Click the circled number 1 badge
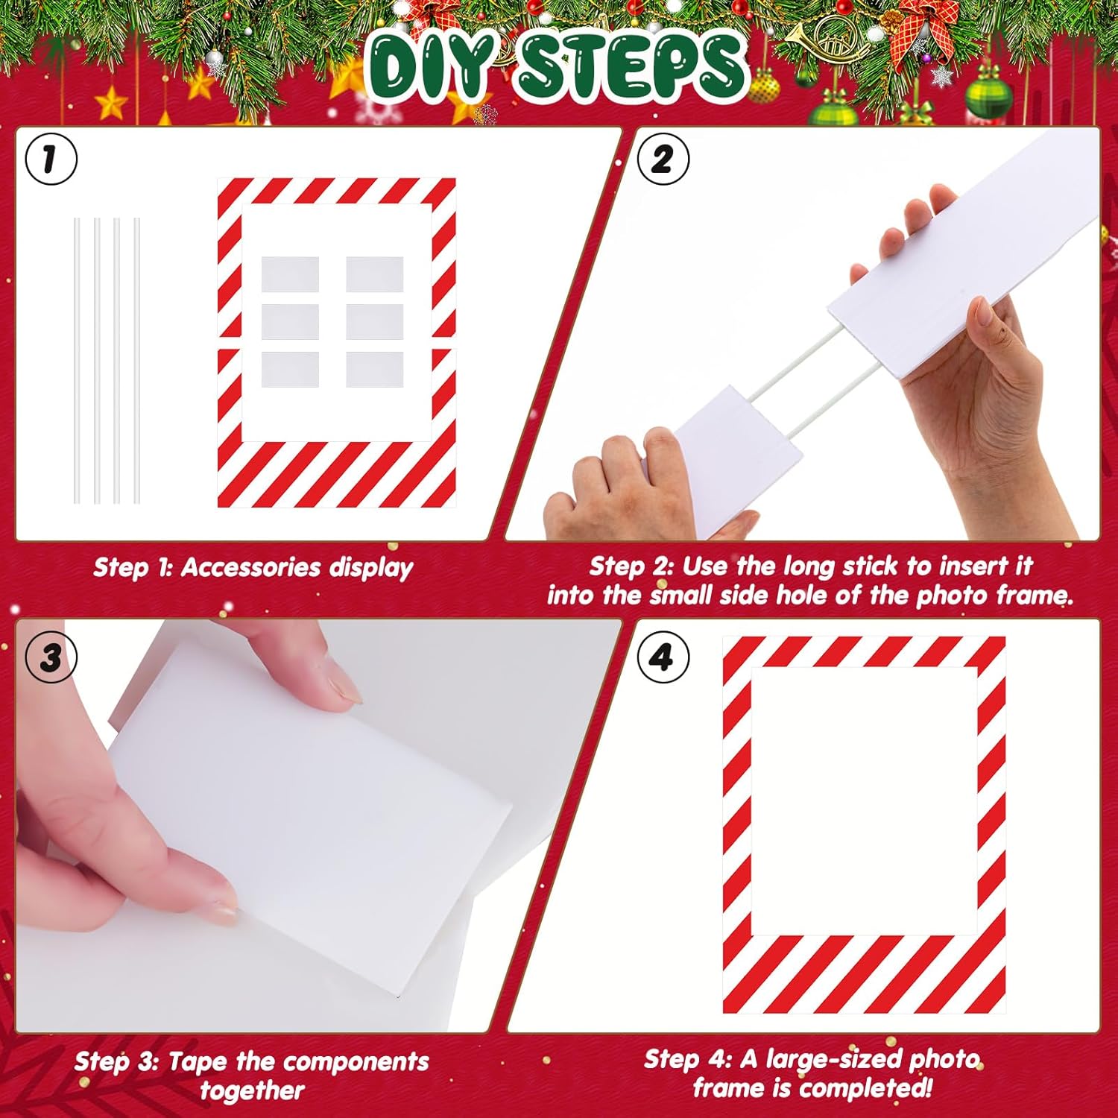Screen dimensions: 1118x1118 51,159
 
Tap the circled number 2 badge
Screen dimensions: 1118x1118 663,159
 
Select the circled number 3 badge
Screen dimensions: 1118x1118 51,657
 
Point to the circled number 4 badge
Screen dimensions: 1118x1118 663,657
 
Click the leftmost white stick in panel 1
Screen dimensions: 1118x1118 77,360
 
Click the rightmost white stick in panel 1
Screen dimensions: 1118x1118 136,360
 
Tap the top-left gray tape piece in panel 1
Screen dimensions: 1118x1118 290,274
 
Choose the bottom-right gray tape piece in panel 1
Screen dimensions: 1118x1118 375,370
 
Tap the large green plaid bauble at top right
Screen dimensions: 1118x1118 988,97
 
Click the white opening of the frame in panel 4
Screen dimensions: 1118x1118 864,800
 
